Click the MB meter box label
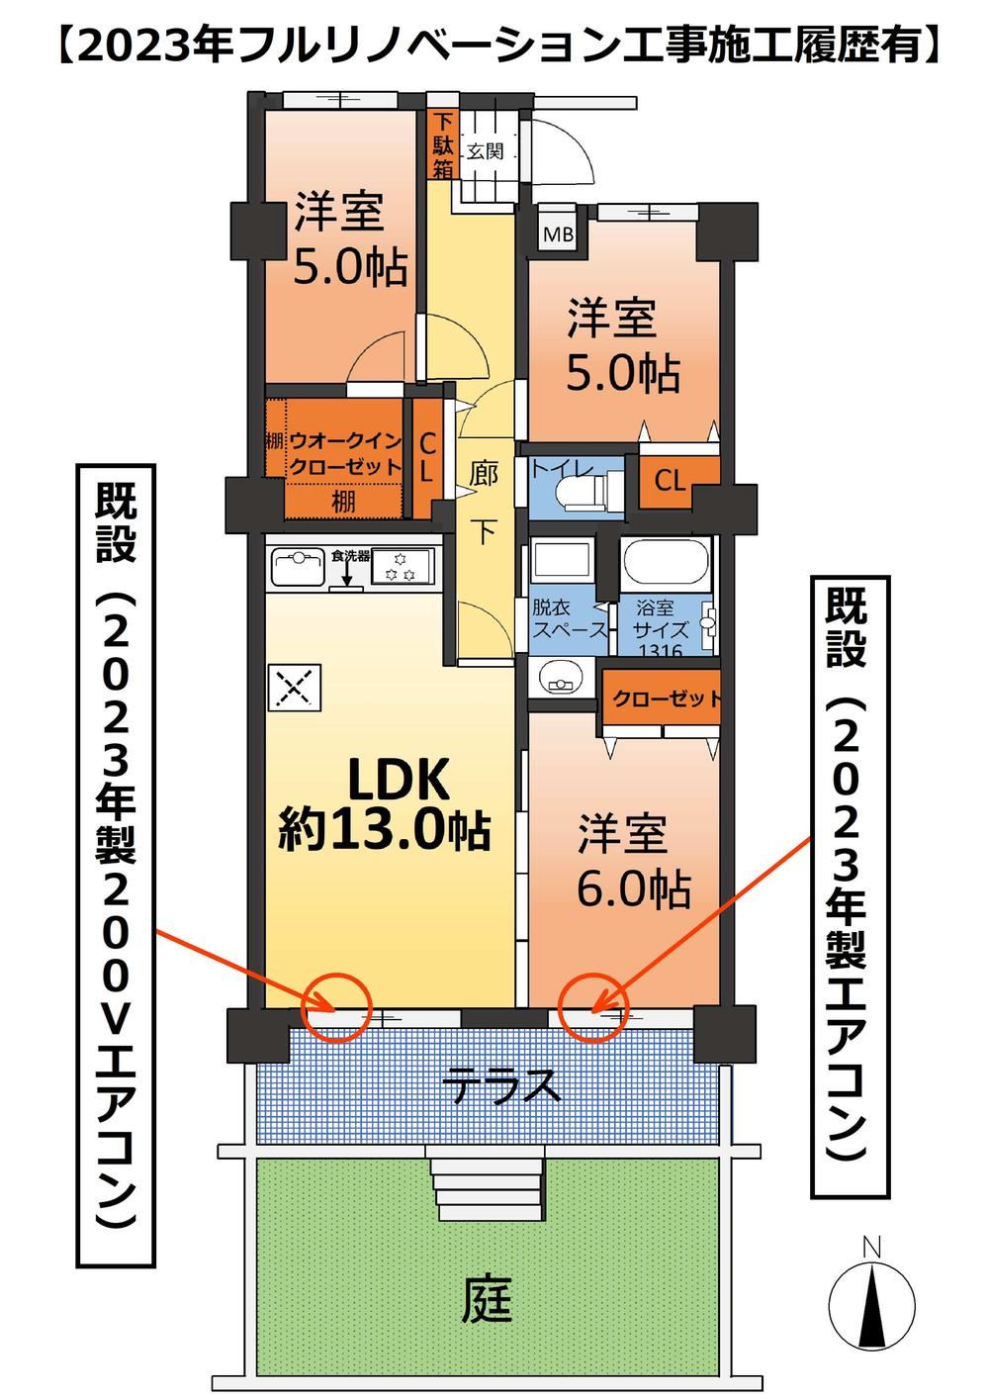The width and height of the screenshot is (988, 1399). coord(558,234)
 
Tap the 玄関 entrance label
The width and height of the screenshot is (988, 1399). coord(485,151)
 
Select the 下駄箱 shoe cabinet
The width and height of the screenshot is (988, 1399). coord(443,144)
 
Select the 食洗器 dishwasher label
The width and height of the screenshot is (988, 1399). coord(351,556)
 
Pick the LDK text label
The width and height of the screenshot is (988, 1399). coord(399,780)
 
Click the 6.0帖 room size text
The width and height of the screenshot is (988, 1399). coord(633,889)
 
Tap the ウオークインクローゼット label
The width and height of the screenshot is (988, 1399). coord(345,454)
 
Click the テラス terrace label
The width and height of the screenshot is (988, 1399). coord(503,1084)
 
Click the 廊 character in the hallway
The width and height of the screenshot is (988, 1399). coord(484,474)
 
